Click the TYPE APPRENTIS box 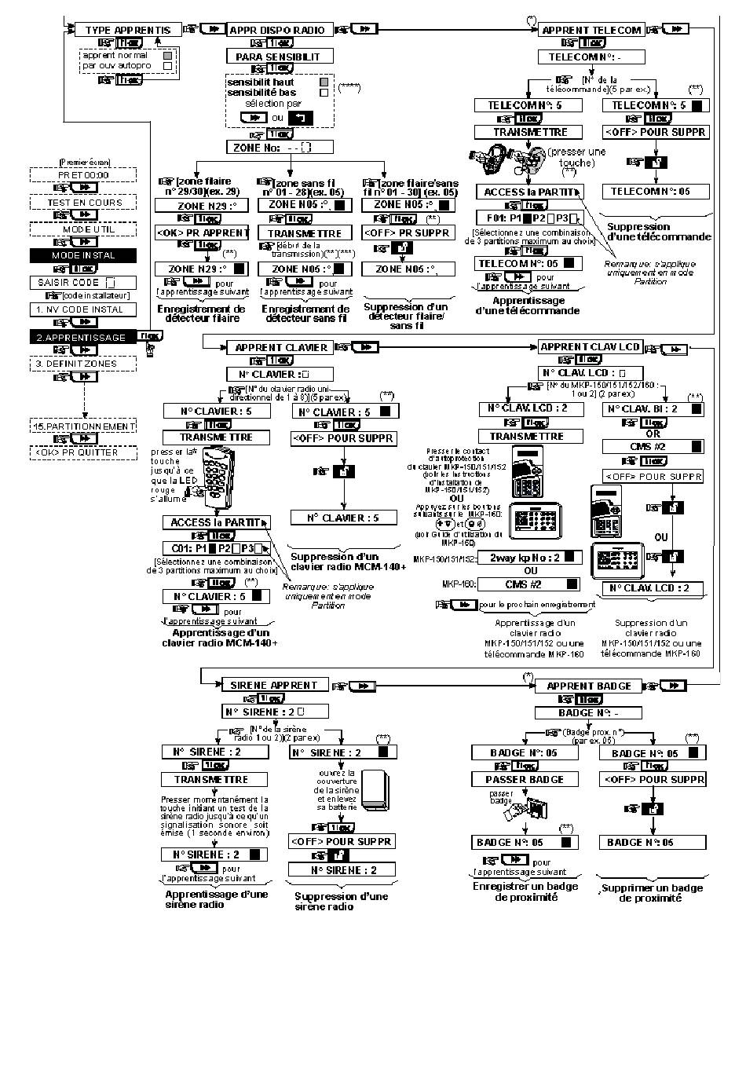[128, 30]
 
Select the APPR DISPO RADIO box [278, 30]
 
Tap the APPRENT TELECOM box [591, 30]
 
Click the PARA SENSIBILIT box [279, 57]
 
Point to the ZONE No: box [279, 147]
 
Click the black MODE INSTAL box [83, 255]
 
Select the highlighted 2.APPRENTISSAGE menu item [83, 337]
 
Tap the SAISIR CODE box [83, 282]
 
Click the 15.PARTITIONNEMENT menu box [83, 426]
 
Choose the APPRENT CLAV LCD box [590, 346]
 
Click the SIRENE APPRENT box [273, 685]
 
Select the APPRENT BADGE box [589, 686]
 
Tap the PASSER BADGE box [525, 779]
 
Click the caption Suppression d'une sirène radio [341, 901]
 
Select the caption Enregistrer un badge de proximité [525, 891]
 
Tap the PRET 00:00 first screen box [83, 175]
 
